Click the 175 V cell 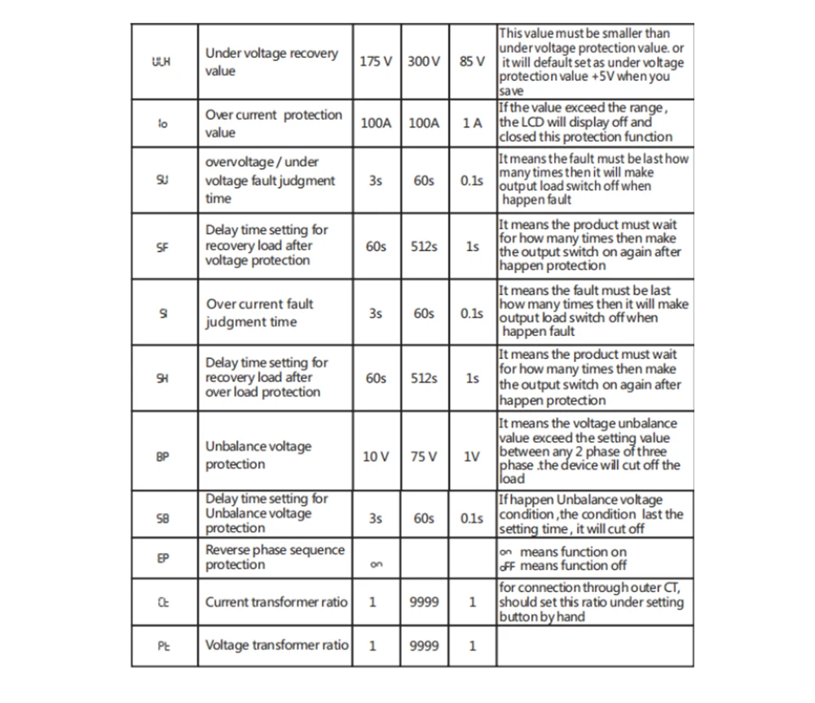pos(375,62)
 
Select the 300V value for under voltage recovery pos(423,62)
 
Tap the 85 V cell pos(472,62)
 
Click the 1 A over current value pos(472,123)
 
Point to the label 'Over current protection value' pos(273,123)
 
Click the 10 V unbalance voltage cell pos(375,457)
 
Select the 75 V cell pos(423,457)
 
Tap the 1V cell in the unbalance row pos(472,457)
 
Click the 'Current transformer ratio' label pos(275,602)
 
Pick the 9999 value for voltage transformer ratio pos(423,645)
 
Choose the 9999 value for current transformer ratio pos(423,602)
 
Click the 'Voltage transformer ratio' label pos(276,645)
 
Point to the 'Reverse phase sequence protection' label pos(275,557)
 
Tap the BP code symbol pos(162,457)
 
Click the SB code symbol pos(162,518)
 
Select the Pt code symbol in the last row pos(162,645)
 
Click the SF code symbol pos(162,246)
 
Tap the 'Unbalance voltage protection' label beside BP pos(258,455)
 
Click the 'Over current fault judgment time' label pos(259,312)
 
